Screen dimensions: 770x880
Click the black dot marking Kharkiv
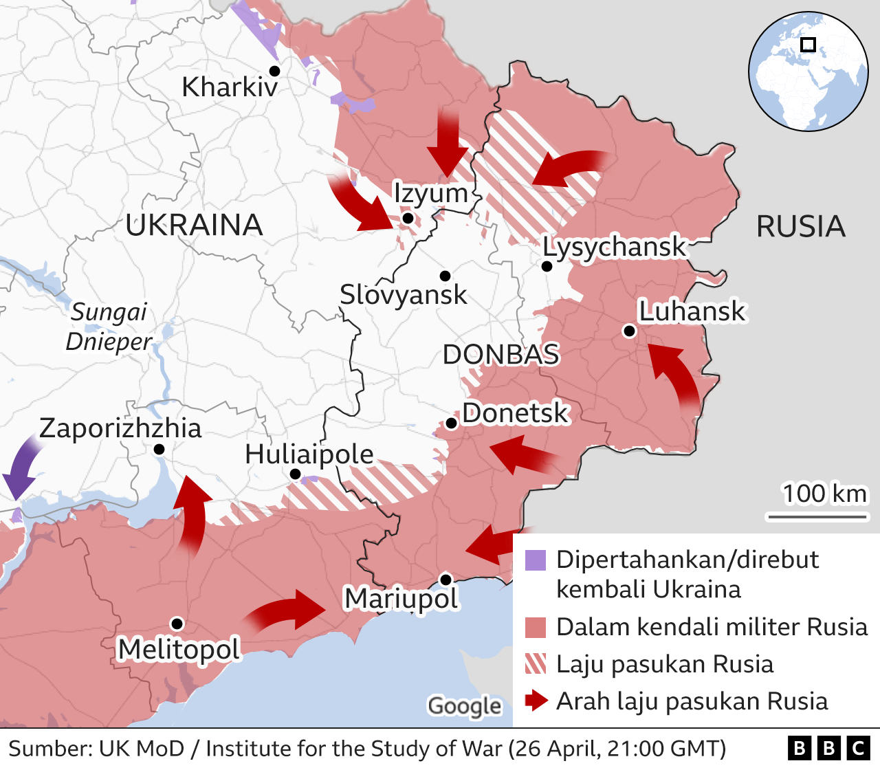[x=274, y=71]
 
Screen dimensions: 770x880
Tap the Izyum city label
[x=430, y=193]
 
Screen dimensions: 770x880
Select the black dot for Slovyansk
[x=445, y=276]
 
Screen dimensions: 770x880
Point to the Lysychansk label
[x=614, y=247]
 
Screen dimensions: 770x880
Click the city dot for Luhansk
[x=628, y=331]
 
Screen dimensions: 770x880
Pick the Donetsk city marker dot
[x=452, y=423]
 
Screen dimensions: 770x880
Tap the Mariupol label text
[x=401, y=599]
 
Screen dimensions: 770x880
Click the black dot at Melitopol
[x=177, y=624]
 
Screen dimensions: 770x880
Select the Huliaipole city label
[x=309, y=454]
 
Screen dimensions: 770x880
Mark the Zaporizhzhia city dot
[x=159, y=449]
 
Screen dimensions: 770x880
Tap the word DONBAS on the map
[x=500, y=355]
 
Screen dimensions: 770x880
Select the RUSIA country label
[x=800, y=227]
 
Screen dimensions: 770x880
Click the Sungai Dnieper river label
[x=109, y=327]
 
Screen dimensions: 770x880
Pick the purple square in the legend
[x=535, y=560]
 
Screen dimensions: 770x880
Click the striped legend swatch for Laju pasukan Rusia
[x=535, y=664]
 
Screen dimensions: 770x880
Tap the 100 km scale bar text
[x=824, y=494]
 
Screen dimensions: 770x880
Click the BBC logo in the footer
[x=828, y=748]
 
